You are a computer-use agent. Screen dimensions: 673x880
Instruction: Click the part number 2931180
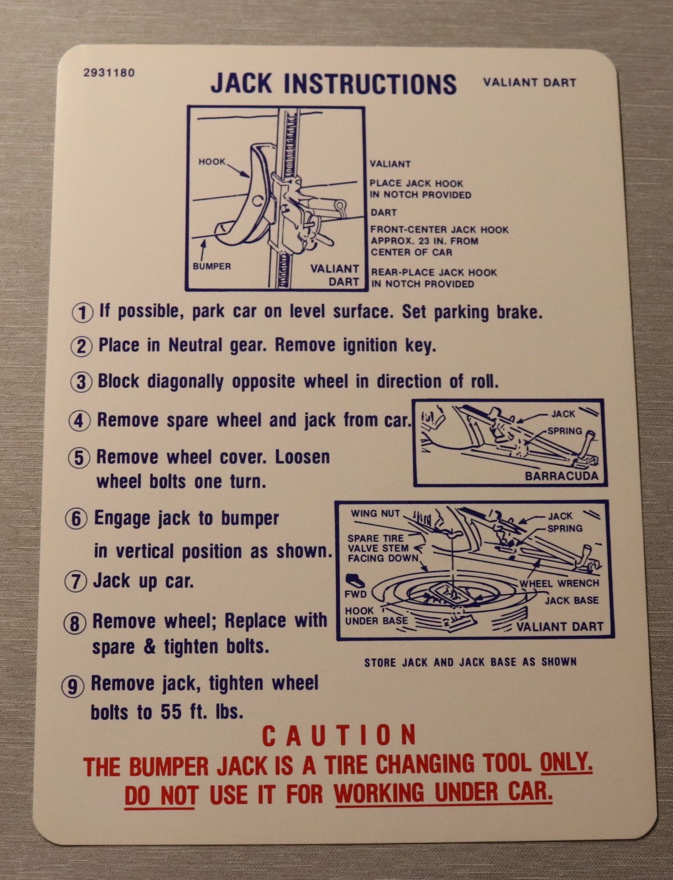pos(109,73)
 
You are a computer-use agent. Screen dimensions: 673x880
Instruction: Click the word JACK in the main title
pos(241,83)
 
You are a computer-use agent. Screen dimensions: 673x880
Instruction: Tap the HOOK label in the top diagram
pos(212,161)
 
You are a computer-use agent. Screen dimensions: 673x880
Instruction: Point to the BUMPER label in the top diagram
pos(212,266)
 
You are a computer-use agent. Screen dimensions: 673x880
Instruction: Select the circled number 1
pos(82,312)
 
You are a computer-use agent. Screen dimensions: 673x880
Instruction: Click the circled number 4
pos(79,421)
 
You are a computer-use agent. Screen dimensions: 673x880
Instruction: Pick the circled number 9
pos(72,687)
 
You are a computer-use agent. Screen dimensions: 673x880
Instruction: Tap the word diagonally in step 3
pos(186,382)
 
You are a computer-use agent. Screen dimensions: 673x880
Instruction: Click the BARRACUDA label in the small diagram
pos(561,476)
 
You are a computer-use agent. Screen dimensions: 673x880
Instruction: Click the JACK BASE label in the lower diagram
pos(571,601)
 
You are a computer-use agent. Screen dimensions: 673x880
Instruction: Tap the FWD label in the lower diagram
pos(355,594)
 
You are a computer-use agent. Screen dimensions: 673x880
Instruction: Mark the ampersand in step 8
pos(149,647)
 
